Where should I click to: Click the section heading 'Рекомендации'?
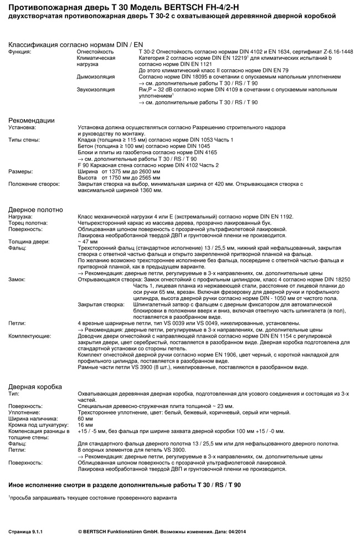(x=31, y=120)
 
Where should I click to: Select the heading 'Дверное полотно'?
(x=35, y=209)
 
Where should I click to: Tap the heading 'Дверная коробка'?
(x=35, y=386)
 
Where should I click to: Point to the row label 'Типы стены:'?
(x=24, y=140)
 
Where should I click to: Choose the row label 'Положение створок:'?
(x=34, y=183)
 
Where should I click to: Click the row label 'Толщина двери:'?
(x=29, y=242)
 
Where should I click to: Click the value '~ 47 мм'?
(x=89, y=242)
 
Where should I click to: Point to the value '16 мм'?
(x=85, y=425)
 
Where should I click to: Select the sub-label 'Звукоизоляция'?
(x=96, y=89)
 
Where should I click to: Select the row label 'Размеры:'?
(x=20, y=171)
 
